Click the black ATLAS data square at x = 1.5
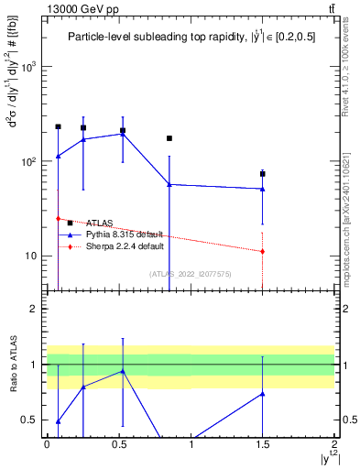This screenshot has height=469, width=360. pyautogui.click(x=263, y=173)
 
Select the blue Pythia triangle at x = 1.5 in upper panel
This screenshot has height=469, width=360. pyautogui.click(x=263, y=189)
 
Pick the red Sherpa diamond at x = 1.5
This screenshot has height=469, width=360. pyautogui.click(x=263, y=251)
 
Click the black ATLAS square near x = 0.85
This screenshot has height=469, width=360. pyautogui.click(x=169, y=138)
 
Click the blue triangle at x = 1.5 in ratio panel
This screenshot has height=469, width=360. pyautogui.click(x=263, y=394)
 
